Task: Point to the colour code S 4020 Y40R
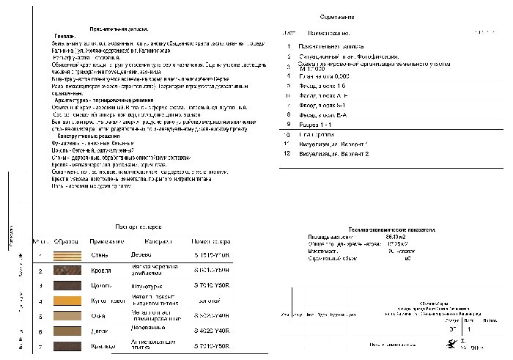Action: point(212,331)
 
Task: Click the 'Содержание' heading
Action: point(337,16)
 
